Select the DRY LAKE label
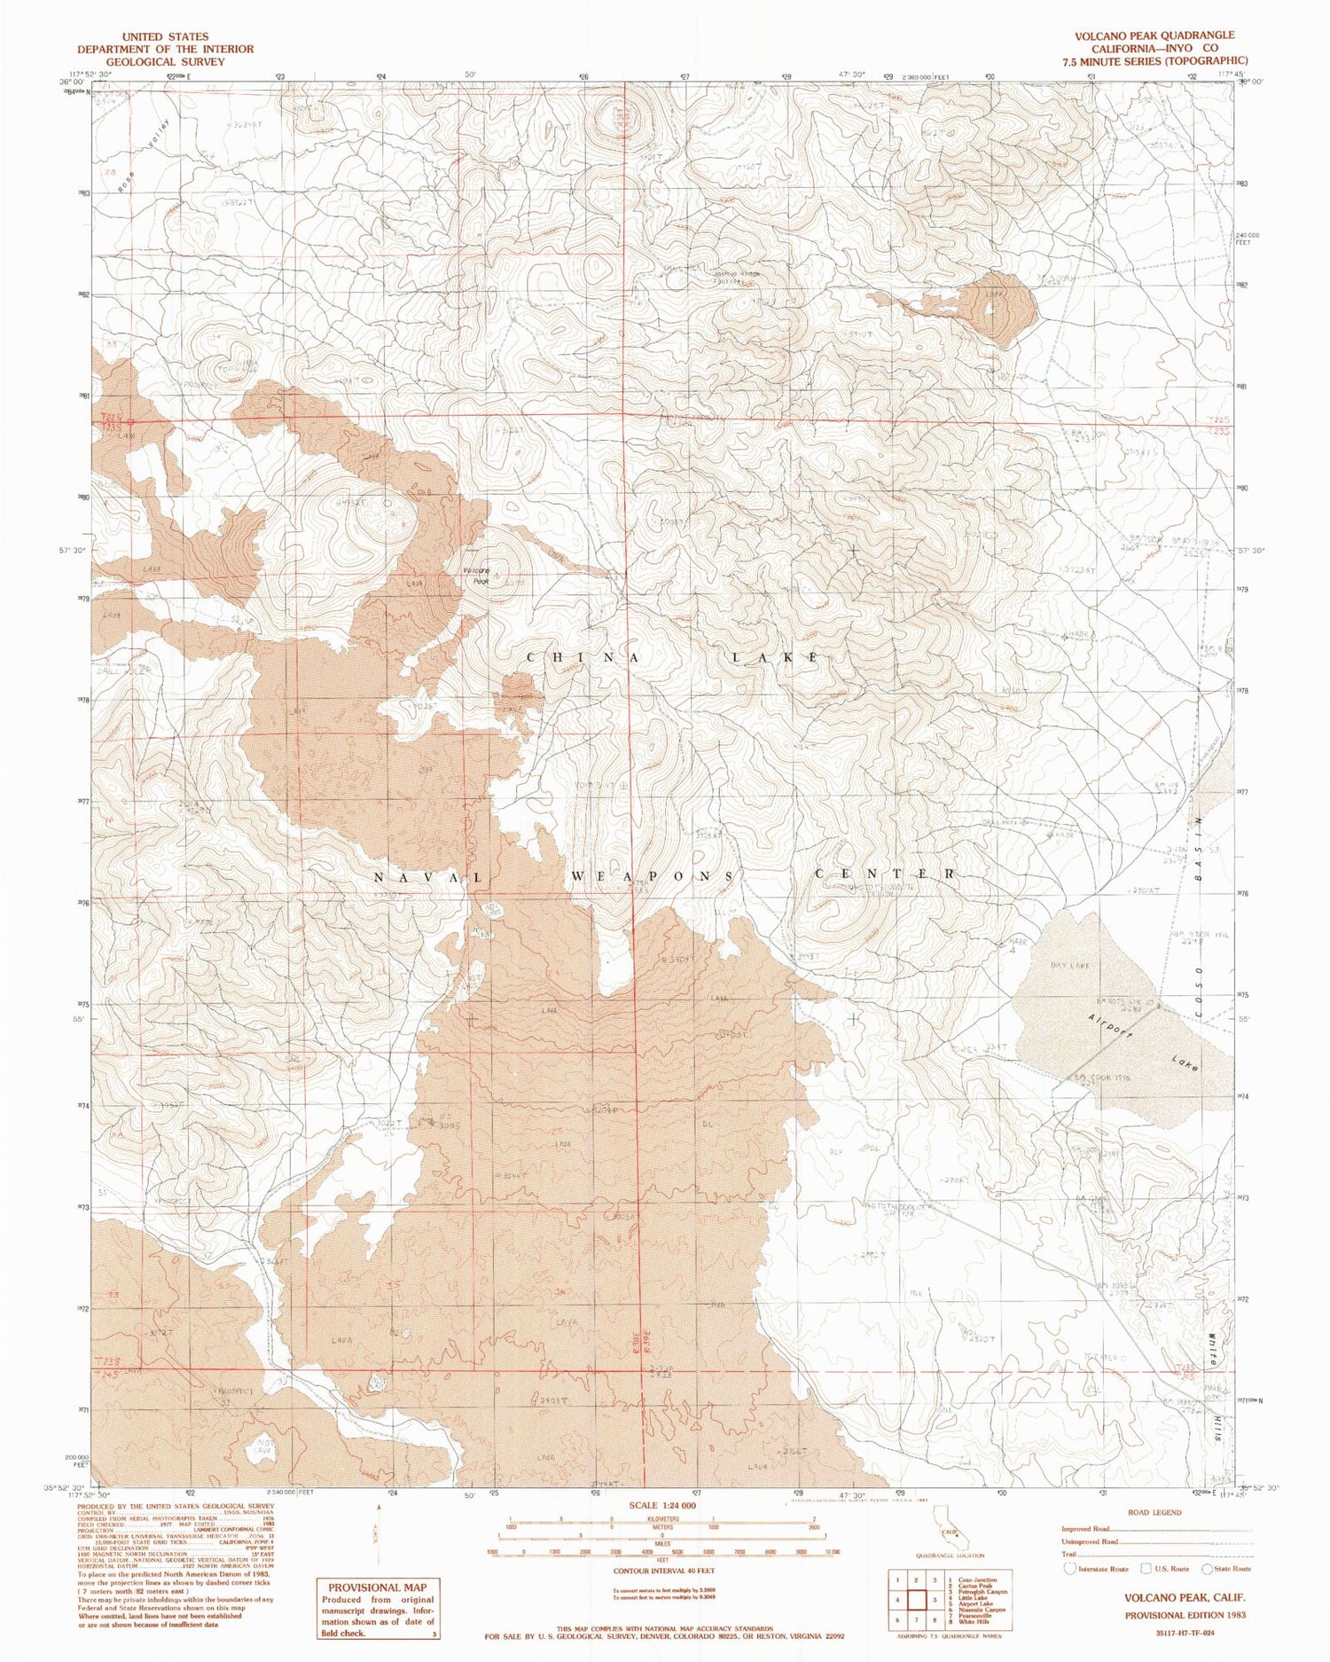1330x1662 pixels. [1069, 964]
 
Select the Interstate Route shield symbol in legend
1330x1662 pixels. [1071, 1568]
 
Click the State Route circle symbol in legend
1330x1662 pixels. [1207, 1568]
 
